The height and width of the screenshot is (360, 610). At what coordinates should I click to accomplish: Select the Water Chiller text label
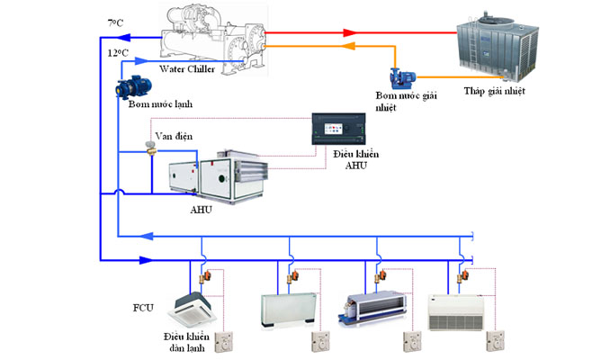(x=187, y=69)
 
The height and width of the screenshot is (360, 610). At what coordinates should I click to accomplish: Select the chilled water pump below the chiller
(x=133, y=87)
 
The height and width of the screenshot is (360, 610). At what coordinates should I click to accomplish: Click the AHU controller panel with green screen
(x=339, y=128)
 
